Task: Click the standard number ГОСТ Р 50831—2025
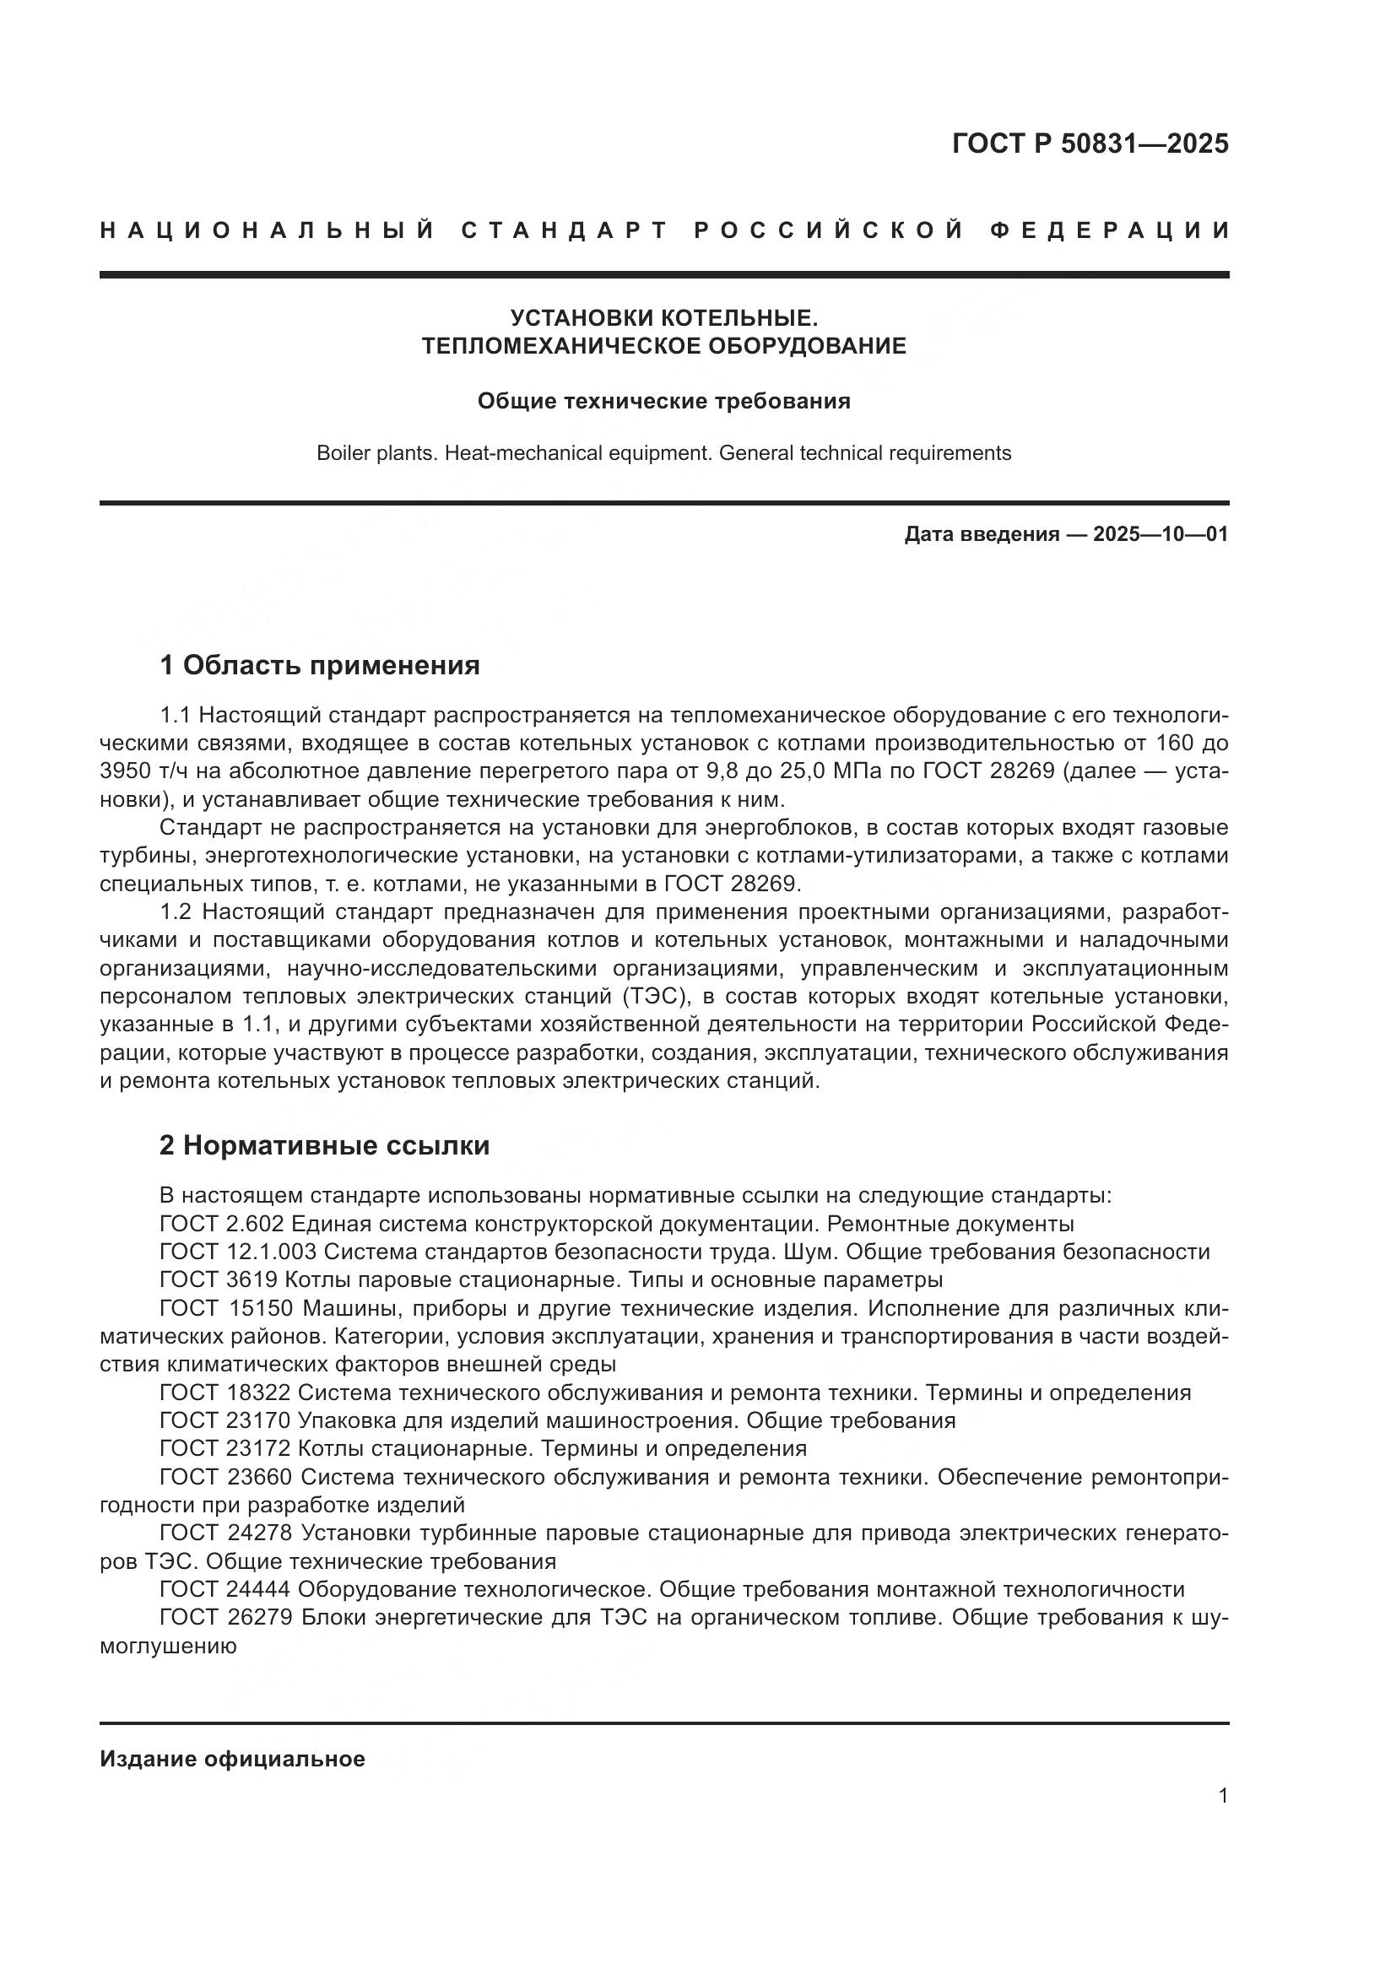pyautogui.click(x=1090, y=143)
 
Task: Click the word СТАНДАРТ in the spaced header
pyautogui.click(x=565, y=230)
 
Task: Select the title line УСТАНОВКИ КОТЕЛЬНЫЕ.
pyautogui.click(x=663, y=318)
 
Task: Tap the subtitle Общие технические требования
pyautogui.click(x=663, y=402)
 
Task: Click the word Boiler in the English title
pyautogui.click(x=341, y=453)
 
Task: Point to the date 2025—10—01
pyautogui.click(x=1160, y=535)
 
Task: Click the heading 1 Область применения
pyautogui.click(x=320, y=664)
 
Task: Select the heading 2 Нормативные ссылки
pyautogui.click(x=325, y=1145)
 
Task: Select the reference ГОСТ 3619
pyautogui.click(x=219, y=1280)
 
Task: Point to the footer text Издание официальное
pyautogui.click(x=232, y=1759)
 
